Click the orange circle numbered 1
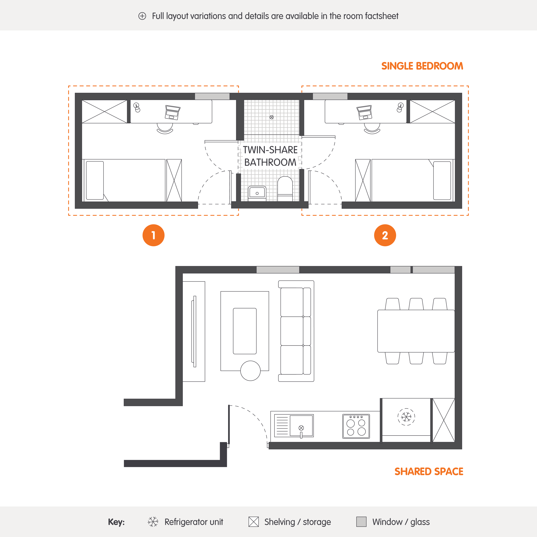tap(153, 235)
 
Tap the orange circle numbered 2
tap(385, 235)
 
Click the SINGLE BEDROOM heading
tap(422, 66)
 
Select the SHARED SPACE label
tap(429, 471)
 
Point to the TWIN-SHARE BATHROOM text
tap(270, 156)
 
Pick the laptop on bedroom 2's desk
tap(364, 112)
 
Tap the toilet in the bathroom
tap(285, 188)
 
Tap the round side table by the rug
tap(250, 371)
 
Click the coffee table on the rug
tap(245, 331)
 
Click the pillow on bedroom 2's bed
tap(442, 180)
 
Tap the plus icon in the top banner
tap(142, 16)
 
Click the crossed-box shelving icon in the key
tap(253, 522)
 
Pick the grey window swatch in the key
tap(361, 522)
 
